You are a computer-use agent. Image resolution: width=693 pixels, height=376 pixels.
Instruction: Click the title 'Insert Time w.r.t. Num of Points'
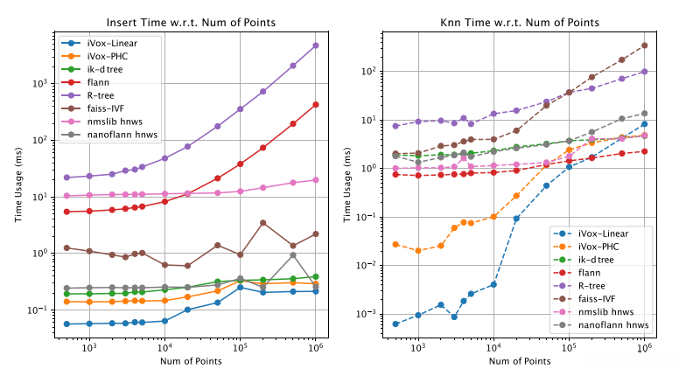pos(189,22)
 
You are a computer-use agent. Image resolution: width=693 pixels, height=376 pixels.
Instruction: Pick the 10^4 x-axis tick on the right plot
pos(493,347)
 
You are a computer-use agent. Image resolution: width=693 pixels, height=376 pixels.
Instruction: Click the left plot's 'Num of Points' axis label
pos(189,361)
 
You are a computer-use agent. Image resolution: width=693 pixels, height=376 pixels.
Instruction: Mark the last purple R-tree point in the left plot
pos(316,45)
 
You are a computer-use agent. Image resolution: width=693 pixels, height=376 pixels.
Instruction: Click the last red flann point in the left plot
pos(316,104)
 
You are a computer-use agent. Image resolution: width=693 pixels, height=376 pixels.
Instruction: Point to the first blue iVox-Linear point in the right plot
pos(395,324)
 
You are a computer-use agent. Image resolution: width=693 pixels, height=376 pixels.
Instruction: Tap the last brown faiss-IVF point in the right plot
pos(645,45)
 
